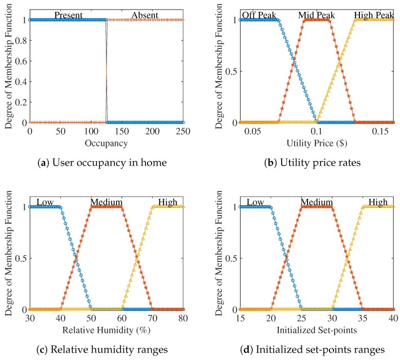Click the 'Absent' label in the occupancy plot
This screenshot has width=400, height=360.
point(145,15)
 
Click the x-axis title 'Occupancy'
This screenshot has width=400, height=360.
point(107,143)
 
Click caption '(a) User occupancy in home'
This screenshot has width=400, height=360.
point(106,163)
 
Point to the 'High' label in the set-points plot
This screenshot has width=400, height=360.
point(378,202)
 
